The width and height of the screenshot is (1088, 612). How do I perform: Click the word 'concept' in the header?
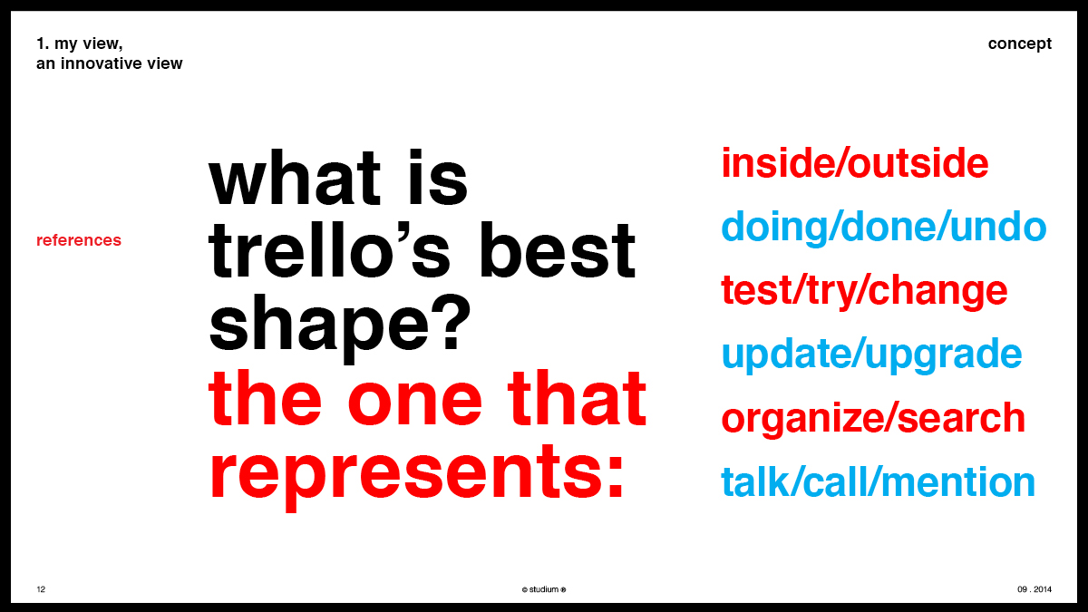coord(1019,44)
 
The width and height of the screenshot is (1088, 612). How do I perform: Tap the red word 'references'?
coord(79,240)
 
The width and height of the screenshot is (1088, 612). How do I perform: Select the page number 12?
coord(41,589)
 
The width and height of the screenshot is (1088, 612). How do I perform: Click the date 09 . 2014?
coord(1035,589)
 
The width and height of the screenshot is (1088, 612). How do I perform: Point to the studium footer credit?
coord(543,589)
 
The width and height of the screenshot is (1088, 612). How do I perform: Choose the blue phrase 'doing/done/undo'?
coord(883,227)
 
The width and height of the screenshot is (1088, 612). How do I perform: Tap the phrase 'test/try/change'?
coord(865,291)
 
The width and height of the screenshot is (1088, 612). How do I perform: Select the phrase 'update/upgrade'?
coord(872,355)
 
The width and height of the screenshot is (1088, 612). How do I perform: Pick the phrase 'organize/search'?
coord(873,418)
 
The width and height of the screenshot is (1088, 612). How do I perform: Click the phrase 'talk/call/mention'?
coord(879,481)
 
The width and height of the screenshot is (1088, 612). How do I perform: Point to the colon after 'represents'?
coord(615,477)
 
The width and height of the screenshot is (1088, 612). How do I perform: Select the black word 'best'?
coord(557,250)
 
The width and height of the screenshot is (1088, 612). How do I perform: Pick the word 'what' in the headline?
coord(295,178)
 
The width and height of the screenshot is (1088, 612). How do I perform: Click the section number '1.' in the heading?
coord(43,44)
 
